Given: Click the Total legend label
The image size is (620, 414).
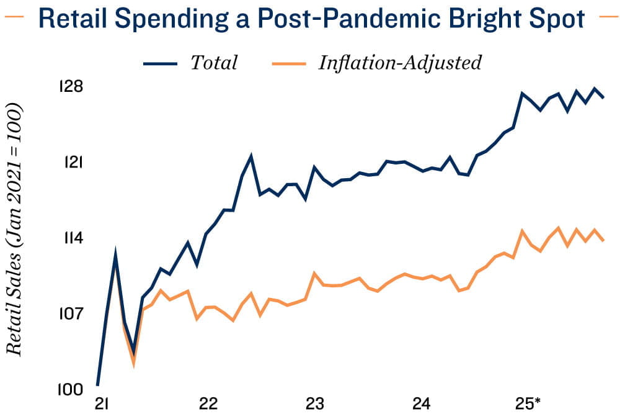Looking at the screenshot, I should (214, 63).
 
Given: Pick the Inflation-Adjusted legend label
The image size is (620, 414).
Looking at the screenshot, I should (400, 63).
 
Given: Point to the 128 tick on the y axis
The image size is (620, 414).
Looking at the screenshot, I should (71, 86).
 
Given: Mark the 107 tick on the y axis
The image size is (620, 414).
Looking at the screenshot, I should (71, 313).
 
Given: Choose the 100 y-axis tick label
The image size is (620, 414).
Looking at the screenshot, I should (71, 389).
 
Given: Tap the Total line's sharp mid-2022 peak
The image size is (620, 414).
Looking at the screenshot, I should (250, 156).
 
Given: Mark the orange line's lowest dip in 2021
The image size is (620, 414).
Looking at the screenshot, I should (133, 363).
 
